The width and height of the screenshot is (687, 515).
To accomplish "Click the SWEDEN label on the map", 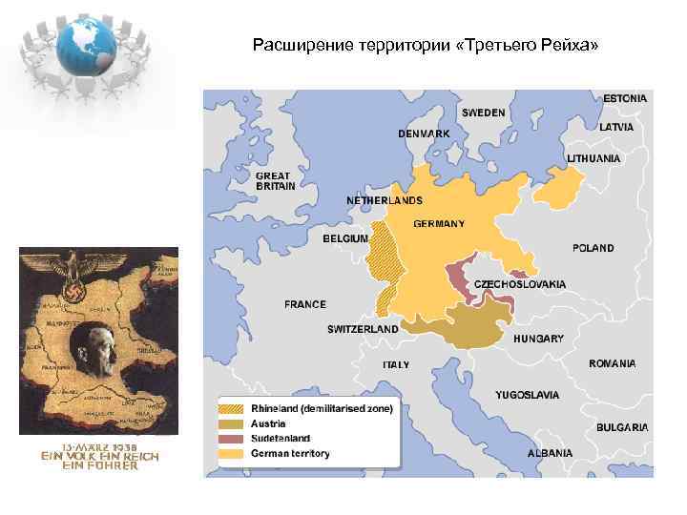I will pos(484,113).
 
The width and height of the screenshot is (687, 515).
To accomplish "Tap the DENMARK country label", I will pos(424,134).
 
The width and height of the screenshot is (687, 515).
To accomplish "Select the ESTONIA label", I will pos(625,98).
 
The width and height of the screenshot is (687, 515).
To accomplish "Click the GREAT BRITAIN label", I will pos(274,181).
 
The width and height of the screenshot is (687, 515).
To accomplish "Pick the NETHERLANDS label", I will pos(384,201).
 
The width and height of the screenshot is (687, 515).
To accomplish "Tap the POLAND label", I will pos(593,248).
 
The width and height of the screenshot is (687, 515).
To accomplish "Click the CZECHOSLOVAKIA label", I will pos(520,284).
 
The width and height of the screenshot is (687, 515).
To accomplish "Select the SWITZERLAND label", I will pos(363,329).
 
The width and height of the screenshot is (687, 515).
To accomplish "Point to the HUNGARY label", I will pos(538,339).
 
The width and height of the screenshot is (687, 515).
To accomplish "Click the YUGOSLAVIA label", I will pos(528,394).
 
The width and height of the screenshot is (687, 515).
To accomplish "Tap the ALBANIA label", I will pos(550,453).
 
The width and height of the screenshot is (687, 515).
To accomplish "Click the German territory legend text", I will pos(290,454).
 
